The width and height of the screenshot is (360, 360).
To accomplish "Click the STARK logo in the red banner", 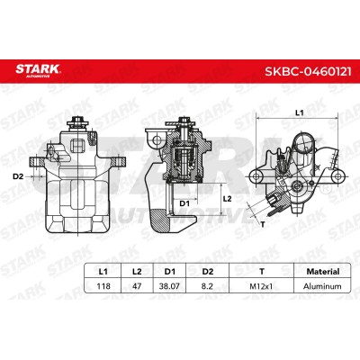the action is pos(39,70).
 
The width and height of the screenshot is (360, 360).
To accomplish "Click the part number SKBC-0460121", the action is pos(308,71).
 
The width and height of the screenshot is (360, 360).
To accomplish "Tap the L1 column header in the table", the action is pos(103,272).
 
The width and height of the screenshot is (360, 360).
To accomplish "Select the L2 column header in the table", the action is pos(137,272).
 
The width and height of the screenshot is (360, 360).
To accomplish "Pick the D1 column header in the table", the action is pos(170,272).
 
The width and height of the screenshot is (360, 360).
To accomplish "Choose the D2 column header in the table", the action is pos(208,272).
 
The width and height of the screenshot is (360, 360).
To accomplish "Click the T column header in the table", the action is pos(262,272).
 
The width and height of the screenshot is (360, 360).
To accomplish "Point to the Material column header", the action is pos(323,272).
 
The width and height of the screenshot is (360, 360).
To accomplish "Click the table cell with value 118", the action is pos(103,286).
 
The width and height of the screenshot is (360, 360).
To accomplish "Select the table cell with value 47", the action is pos(137,286).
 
